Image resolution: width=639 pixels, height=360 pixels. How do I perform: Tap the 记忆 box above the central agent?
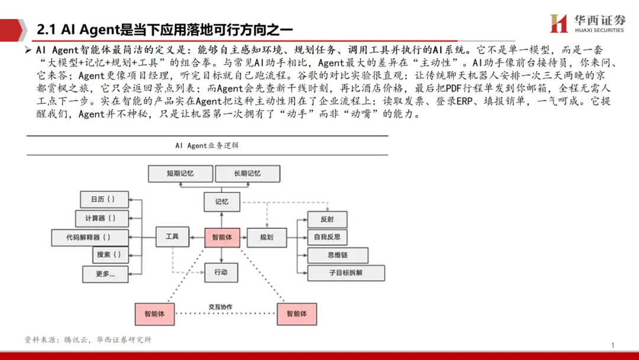coord(222,201)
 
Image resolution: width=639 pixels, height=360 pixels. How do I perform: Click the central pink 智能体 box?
coord(222,237)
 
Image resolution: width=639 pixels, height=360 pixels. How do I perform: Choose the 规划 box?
coord(267,237)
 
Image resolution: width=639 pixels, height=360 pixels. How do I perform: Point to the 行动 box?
coord(221,272)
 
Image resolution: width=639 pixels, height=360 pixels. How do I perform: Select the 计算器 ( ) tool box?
coord(101,218)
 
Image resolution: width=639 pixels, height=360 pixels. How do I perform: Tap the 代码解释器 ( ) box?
coord(90,237)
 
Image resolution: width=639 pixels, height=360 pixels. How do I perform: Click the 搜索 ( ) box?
coord(110,255)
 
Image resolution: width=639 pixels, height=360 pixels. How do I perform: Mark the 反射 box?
coord(327,219)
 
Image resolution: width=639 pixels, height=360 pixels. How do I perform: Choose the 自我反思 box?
coord(327,237)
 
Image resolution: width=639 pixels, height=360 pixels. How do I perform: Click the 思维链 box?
coord(337,255)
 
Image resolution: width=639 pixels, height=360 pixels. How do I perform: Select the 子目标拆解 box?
coord(346,273)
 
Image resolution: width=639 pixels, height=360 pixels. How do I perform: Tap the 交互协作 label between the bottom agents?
coord(220,307)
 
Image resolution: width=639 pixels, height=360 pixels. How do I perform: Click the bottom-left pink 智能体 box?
coord(154,313)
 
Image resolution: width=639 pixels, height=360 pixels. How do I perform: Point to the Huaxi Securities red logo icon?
coord(559,24)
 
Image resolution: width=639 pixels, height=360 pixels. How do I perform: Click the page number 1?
coord(613,345)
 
